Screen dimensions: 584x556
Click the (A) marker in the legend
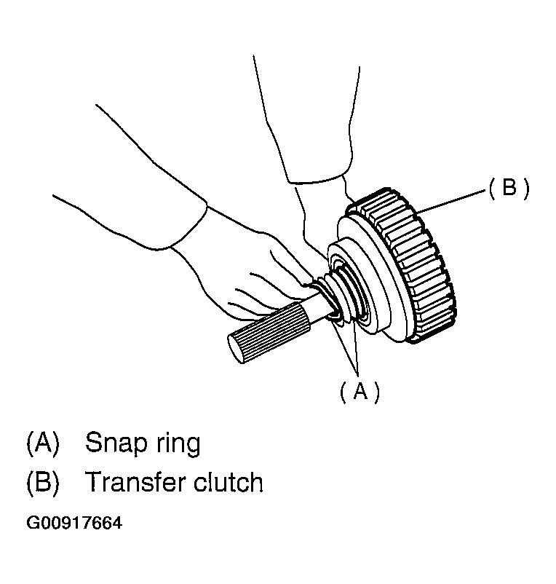click(x=42, y=443)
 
